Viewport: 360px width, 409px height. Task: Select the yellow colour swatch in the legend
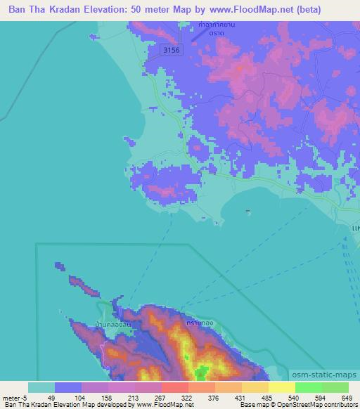coord(282,387)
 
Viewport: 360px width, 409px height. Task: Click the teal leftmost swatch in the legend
coord(41,387)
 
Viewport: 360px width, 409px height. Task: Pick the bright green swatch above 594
coord(309,387)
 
